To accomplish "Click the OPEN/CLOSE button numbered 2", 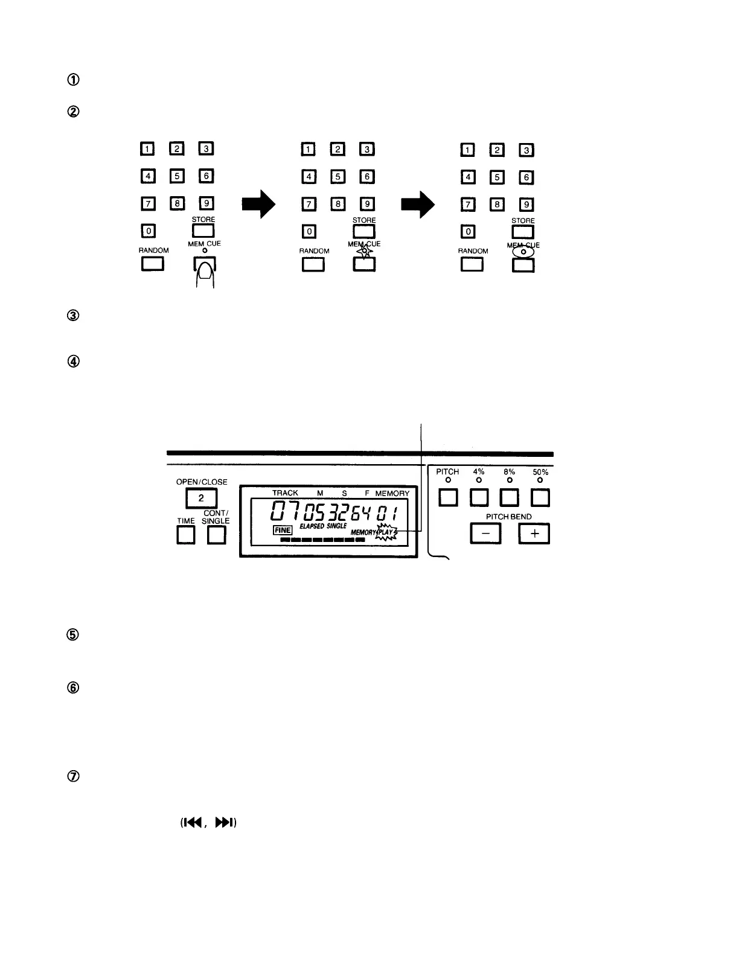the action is click(201, 498).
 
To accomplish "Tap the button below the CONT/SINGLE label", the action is click(216, 535).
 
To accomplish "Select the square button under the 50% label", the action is click(540, 498).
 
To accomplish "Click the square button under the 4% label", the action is click(479, 498).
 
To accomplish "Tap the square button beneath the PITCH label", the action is click(447, 498).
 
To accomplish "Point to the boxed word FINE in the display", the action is click(283, 530).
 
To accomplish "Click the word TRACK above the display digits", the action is click(285, 493).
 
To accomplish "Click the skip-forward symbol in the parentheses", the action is click(223, 823).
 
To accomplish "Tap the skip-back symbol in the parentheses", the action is click(193, 823).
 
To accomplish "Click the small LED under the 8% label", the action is click(510, 480).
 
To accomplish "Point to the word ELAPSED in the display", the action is click(312, 526).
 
